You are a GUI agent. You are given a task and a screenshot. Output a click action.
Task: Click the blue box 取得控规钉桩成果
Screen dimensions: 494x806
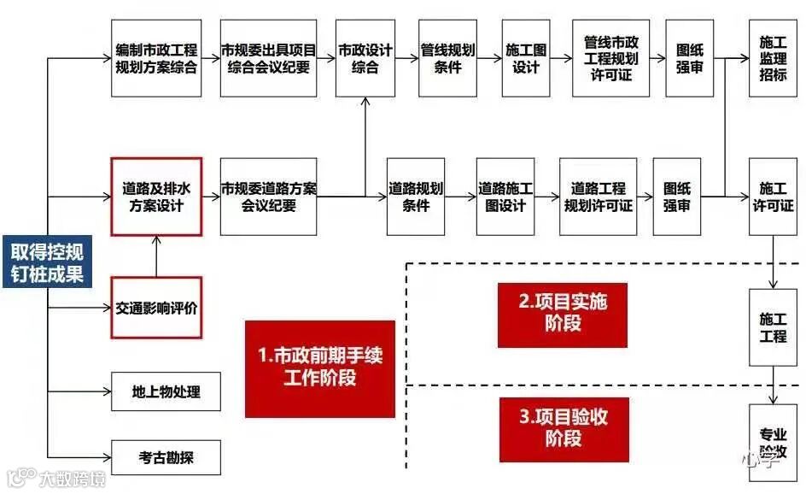click(x=47, y=262)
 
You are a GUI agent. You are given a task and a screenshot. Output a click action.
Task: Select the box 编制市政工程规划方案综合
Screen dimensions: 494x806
click(x=156, y=58)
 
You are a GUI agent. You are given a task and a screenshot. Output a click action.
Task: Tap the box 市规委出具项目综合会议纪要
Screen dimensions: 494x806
click(x=268, y=58)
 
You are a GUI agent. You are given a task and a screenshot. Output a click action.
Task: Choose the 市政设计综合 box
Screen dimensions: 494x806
click(x=365, y=58)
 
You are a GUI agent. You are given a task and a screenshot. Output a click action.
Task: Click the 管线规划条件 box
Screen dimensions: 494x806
click(x=447, y=58)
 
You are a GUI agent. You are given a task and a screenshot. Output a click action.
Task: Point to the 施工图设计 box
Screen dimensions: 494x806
click(x=526, y=58)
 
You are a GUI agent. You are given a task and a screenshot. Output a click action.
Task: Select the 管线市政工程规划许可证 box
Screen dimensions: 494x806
click(x=610, y=58)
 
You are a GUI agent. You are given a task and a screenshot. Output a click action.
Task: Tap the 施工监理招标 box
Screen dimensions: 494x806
click(x=773, y=58)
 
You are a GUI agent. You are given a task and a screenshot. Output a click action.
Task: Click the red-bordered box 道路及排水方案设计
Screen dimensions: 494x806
click(x=156, y=197)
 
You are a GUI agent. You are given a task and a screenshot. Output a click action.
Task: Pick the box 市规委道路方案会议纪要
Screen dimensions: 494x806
click(x=268, y=197)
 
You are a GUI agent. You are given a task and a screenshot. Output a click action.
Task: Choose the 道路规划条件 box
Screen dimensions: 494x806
click(x=416, y=197)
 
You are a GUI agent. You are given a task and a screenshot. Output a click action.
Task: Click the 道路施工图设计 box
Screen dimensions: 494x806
click(x=505, y=197)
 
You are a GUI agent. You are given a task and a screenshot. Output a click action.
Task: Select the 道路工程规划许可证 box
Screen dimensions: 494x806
click(x=598, y=197)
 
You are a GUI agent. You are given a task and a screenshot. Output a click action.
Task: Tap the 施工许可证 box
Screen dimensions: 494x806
click(x=773, y=197)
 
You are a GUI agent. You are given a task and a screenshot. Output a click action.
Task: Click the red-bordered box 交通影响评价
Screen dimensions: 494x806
click(x=156, y=308)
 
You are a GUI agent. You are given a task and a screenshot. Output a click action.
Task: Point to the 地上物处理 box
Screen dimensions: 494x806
click(x=166, y=392)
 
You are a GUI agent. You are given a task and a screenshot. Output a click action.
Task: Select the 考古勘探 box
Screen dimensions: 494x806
click(x=166, y=457)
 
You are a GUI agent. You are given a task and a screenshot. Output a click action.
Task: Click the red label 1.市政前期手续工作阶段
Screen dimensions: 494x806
click(x=320, y=368)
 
